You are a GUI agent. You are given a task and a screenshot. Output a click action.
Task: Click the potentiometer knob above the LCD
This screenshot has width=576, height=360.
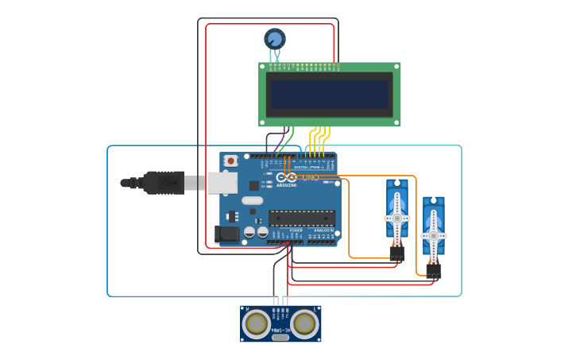tap(275, 38)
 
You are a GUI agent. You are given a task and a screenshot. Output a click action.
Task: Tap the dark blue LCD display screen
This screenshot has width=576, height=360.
tap(330, 95)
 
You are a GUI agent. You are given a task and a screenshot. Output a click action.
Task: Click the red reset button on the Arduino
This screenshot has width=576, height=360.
tap(230, 161)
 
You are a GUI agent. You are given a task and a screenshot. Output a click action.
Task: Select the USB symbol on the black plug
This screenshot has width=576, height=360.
tap(167, 183)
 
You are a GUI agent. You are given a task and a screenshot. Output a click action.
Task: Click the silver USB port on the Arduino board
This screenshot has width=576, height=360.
tap(222, 183)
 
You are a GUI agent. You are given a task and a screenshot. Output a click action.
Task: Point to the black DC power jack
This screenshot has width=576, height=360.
tap(226, 234)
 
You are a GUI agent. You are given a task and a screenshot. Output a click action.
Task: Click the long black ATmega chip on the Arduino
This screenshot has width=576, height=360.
tap(302, 218)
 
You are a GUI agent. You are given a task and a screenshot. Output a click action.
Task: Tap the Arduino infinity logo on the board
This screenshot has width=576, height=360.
tap(286, 177)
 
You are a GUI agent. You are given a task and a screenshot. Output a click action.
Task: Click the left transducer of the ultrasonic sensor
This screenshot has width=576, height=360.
tap(257, 323)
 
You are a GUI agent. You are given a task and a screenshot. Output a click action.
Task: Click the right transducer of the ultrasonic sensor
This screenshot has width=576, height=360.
tap(305, 323)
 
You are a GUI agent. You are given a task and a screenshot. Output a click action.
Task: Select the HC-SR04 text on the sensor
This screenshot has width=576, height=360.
tap(280, 330)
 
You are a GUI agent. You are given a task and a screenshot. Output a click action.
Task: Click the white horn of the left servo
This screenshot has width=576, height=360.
tap(397, 217)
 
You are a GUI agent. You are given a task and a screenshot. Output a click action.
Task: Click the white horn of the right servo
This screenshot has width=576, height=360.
tap(433, 235)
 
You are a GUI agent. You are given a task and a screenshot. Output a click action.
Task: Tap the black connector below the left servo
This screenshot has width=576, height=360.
tap(397, 253)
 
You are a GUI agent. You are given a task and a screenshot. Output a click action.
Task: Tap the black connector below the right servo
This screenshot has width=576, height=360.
tap(433, 270)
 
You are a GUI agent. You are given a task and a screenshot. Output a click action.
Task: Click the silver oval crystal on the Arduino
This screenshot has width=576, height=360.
tap(252, 200)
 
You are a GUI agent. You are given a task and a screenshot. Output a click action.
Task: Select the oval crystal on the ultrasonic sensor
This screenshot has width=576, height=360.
tap(280, 338)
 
